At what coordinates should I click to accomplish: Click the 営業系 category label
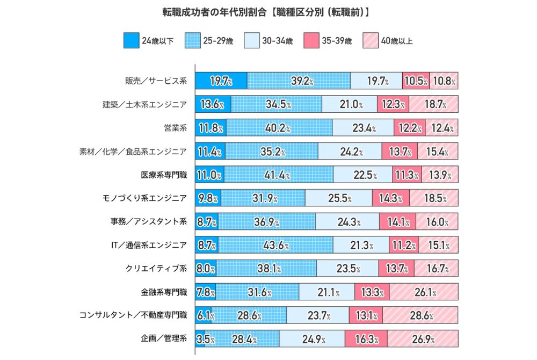pos(175,128)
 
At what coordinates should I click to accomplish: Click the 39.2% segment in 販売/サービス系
pos(299,81)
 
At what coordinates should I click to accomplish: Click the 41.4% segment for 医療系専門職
pos(279,175)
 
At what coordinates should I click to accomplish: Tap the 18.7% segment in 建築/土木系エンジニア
pos(433,104)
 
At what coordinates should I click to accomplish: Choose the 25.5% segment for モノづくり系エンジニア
pos(338,198)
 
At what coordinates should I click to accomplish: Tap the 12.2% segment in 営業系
pos(410,128)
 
